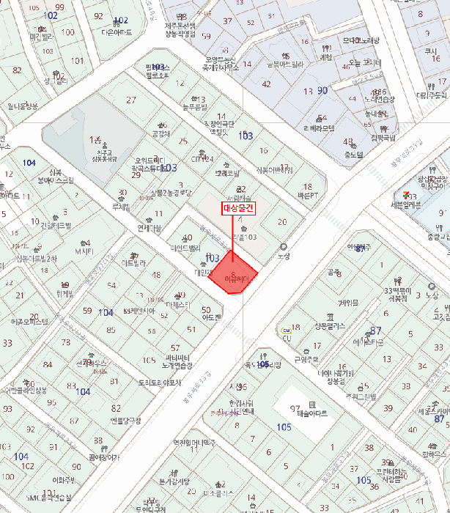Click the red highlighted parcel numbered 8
(234, 275)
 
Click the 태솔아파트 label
(313, 413)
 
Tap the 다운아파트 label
(117, 33)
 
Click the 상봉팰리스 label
(329, 325)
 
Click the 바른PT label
(307, 196)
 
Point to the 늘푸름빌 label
(194, 107)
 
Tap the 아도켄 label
(211, 318)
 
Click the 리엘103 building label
(244, 237)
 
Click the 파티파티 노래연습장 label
(177, 361)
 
